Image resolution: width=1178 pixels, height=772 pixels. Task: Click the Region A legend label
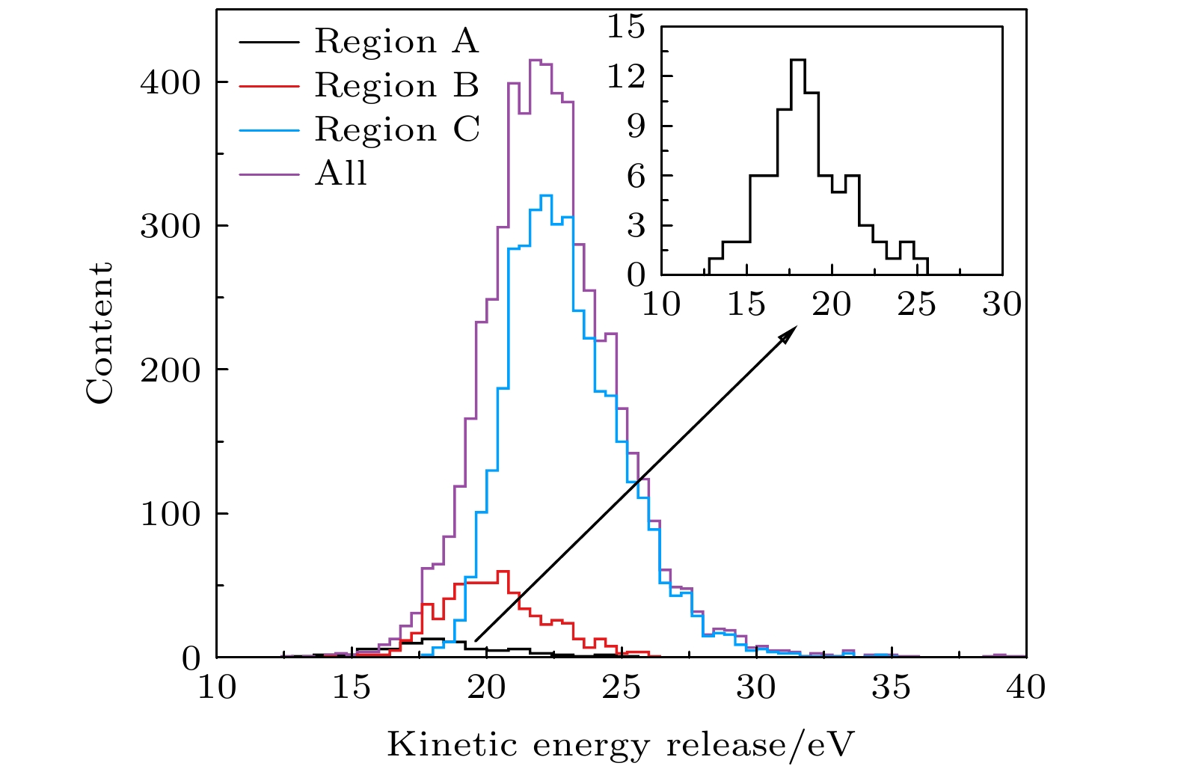(396, 42)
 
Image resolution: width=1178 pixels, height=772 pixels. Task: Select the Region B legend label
(396, 86)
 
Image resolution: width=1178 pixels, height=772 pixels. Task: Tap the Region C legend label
(396, 130)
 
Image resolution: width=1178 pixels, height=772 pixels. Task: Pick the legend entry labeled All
(341, 174)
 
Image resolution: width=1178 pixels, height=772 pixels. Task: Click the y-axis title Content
(99, 333)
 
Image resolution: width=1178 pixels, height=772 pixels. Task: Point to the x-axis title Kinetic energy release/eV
(620, 745)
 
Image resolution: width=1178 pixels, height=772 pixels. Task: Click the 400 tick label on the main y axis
(171, 82)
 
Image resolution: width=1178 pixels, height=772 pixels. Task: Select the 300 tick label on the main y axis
(171, 226)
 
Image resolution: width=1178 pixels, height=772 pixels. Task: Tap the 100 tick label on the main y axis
(171, 514)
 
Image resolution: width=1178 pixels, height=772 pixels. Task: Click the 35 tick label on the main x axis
(891, 687)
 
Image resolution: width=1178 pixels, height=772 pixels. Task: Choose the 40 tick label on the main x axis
(1025, 687)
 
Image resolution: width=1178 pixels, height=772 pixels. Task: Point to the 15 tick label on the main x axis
(352, 687)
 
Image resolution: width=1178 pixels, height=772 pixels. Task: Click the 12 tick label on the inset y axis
(627, 76)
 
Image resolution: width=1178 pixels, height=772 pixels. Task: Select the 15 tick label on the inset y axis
(627, 27)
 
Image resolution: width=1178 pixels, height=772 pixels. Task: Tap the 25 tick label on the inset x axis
(917, 304)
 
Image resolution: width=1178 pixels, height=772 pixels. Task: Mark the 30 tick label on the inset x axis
(1001, 304)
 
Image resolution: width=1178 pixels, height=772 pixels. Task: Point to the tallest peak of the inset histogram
(798, 60)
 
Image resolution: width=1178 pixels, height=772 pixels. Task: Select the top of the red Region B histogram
(503, 572)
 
